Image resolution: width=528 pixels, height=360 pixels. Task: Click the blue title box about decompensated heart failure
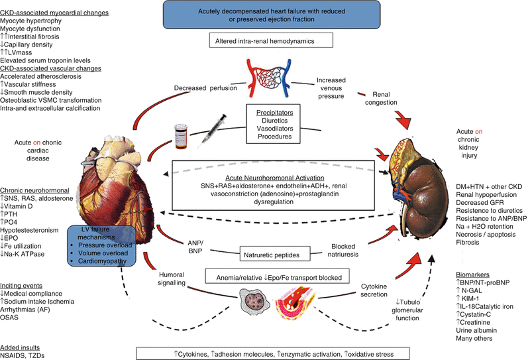(263, 15)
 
